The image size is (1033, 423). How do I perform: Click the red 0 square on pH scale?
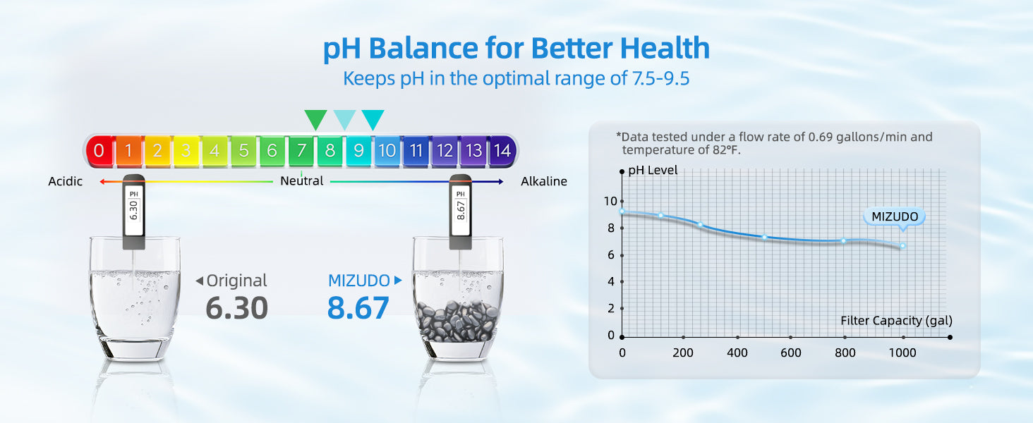click(99, 150)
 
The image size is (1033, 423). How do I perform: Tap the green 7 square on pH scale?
click(301, 150)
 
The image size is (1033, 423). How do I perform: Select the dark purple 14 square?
click(502, 150)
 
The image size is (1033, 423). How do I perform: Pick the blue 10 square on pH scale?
click(387, 150)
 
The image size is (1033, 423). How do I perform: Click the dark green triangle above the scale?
click(315, 119)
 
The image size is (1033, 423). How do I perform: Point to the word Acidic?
click(66, 182)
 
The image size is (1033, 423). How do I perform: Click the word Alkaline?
click(544, 182)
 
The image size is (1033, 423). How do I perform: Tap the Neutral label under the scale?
click(301, 181)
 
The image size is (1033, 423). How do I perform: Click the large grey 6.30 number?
click(236, 308)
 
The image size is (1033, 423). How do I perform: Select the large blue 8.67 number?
click(358, 308)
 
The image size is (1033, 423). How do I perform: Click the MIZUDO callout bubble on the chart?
click(894, 217)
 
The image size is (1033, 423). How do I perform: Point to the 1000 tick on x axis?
click(903, 352)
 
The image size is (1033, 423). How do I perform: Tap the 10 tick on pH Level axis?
click(610, 201)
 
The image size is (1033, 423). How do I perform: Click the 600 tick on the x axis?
click(791, 352)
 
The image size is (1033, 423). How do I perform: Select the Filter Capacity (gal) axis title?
click(896, 321)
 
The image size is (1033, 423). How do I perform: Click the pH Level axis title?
click(653, 170)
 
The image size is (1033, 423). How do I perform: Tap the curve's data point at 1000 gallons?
click(902, 245)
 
